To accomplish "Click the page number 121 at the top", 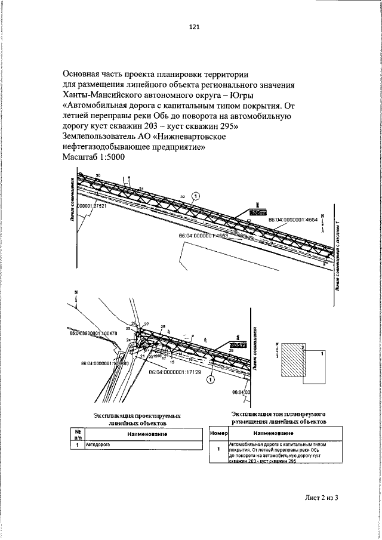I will pyautogui.click(x=193, y=27).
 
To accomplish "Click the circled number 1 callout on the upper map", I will pyautogui.click(x=198, y=195).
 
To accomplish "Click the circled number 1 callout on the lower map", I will pyautogui.click(x=210, y=378).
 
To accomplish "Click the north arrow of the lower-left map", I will pyautogui.click(x=76, y=297).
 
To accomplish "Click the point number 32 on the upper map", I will pyautogui.click(x=183, y=196).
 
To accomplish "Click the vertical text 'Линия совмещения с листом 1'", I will pyautogui.click(x=338, y=251).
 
